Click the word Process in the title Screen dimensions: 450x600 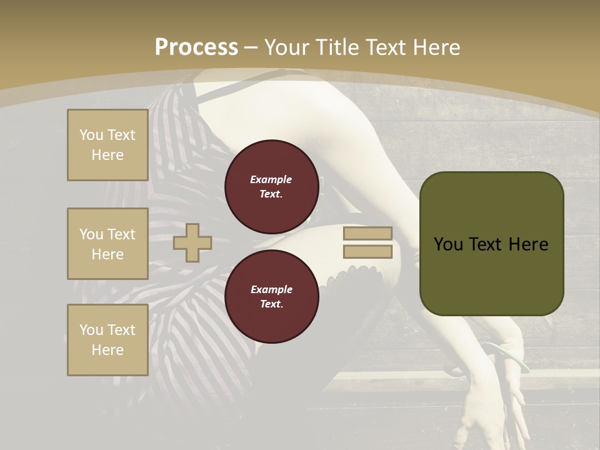tap(196, 47)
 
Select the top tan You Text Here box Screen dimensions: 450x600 tap(107, 145)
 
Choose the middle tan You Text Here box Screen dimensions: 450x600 tap(107, 244)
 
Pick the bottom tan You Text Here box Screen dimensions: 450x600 tap(107, 340)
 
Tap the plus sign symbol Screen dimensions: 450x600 tap(192, 242)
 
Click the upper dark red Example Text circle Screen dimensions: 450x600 tap(271, 187)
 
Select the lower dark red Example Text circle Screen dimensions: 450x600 tap(271, 297)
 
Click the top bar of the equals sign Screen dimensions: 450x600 tap(367, 233)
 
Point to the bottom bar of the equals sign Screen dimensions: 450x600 tap(367, 252)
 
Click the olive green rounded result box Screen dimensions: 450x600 tap(491, 244)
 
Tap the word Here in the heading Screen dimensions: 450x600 tap(434, 47)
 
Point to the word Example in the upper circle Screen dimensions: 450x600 tap(271, 179)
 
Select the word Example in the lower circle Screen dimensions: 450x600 tap(271, 289)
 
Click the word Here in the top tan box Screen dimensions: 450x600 tap(107, 155)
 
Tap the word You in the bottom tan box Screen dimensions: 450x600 tap(91, 330)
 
